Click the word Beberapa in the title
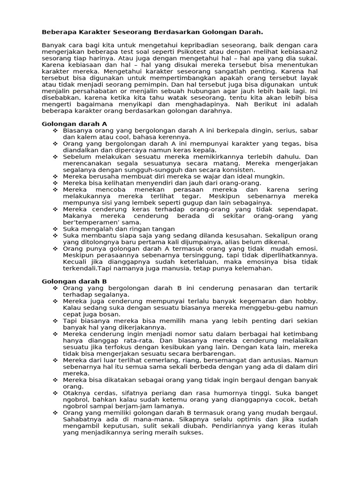(58, 32)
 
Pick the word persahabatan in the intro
(92, 91)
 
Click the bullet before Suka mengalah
(55, 229)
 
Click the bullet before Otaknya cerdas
(55, 393)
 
